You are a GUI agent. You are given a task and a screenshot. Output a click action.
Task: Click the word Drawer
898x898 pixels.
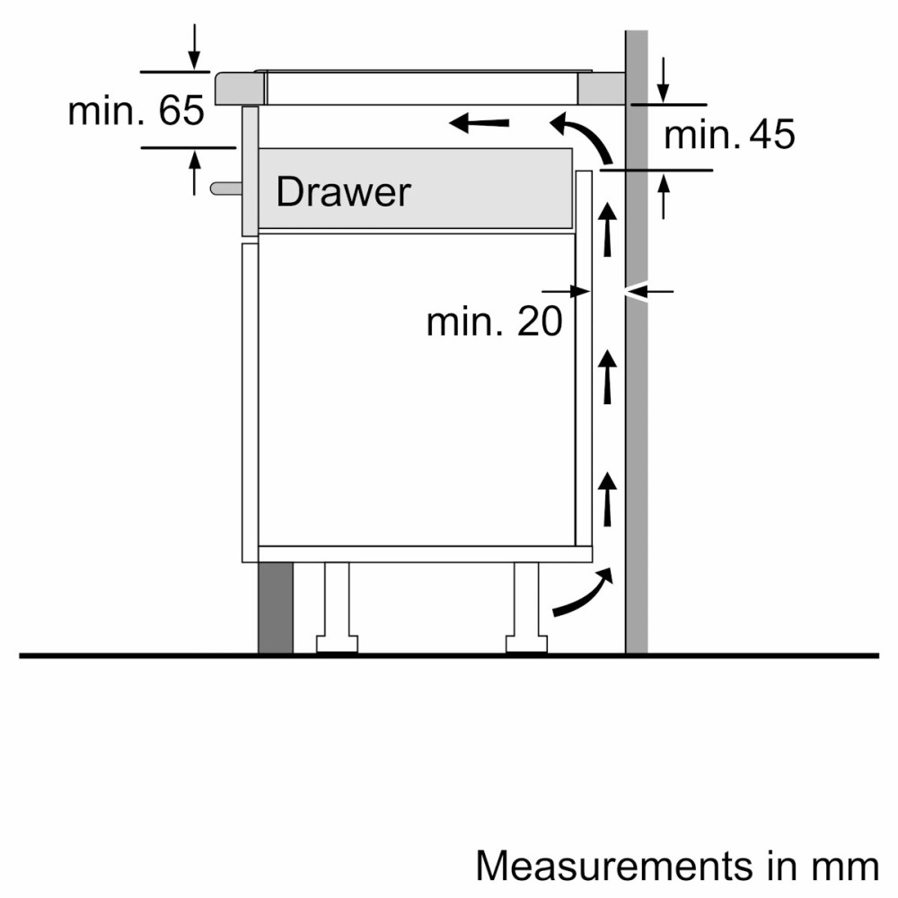point(343,191)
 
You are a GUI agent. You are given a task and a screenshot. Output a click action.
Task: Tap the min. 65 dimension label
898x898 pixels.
point(136,111)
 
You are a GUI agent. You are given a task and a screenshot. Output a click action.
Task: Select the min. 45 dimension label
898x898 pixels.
point(729,135)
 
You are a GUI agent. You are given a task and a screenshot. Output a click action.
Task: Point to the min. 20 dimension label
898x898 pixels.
point(494,321)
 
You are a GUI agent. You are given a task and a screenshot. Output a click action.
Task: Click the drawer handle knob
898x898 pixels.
point(226,188)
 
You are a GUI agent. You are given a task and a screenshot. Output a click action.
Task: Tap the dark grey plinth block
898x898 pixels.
point(275,608)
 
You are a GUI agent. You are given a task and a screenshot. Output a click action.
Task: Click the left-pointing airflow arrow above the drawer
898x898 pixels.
point(480,122)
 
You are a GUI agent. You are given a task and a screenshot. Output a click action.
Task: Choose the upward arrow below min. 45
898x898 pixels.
point(663,196)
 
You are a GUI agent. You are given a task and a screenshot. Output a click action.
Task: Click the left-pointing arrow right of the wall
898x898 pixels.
point(649,290)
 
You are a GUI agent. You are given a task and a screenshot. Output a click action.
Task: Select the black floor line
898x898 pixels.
point(449,656)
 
